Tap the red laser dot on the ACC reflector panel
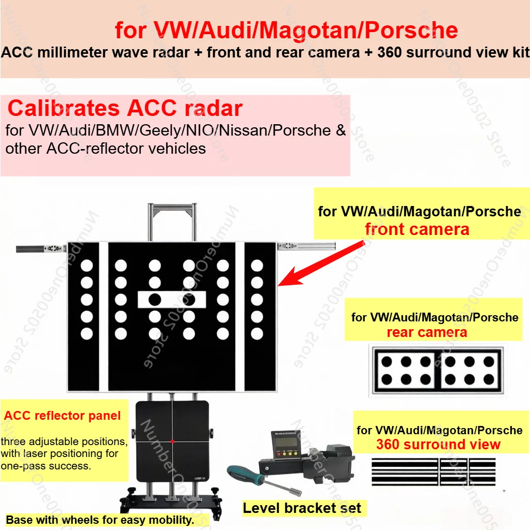[x=172, y=441]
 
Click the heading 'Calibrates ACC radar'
[x=125, y=109]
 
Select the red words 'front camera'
[x=417, y=229]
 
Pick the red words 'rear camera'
[x=427, y=332]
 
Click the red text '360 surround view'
[x=438, y=445]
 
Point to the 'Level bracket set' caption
[x=302, y=508]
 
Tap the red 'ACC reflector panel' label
[x=62, y=416]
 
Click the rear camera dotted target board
[x=437, y=371]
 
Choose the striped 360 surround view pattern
[x=434, y=472]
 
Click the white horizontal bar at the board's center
[x=171, y=299]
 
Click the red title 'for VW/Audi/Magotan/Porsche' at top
[x=286, y=31]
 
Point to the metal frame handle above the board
[x=171, y=207]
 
